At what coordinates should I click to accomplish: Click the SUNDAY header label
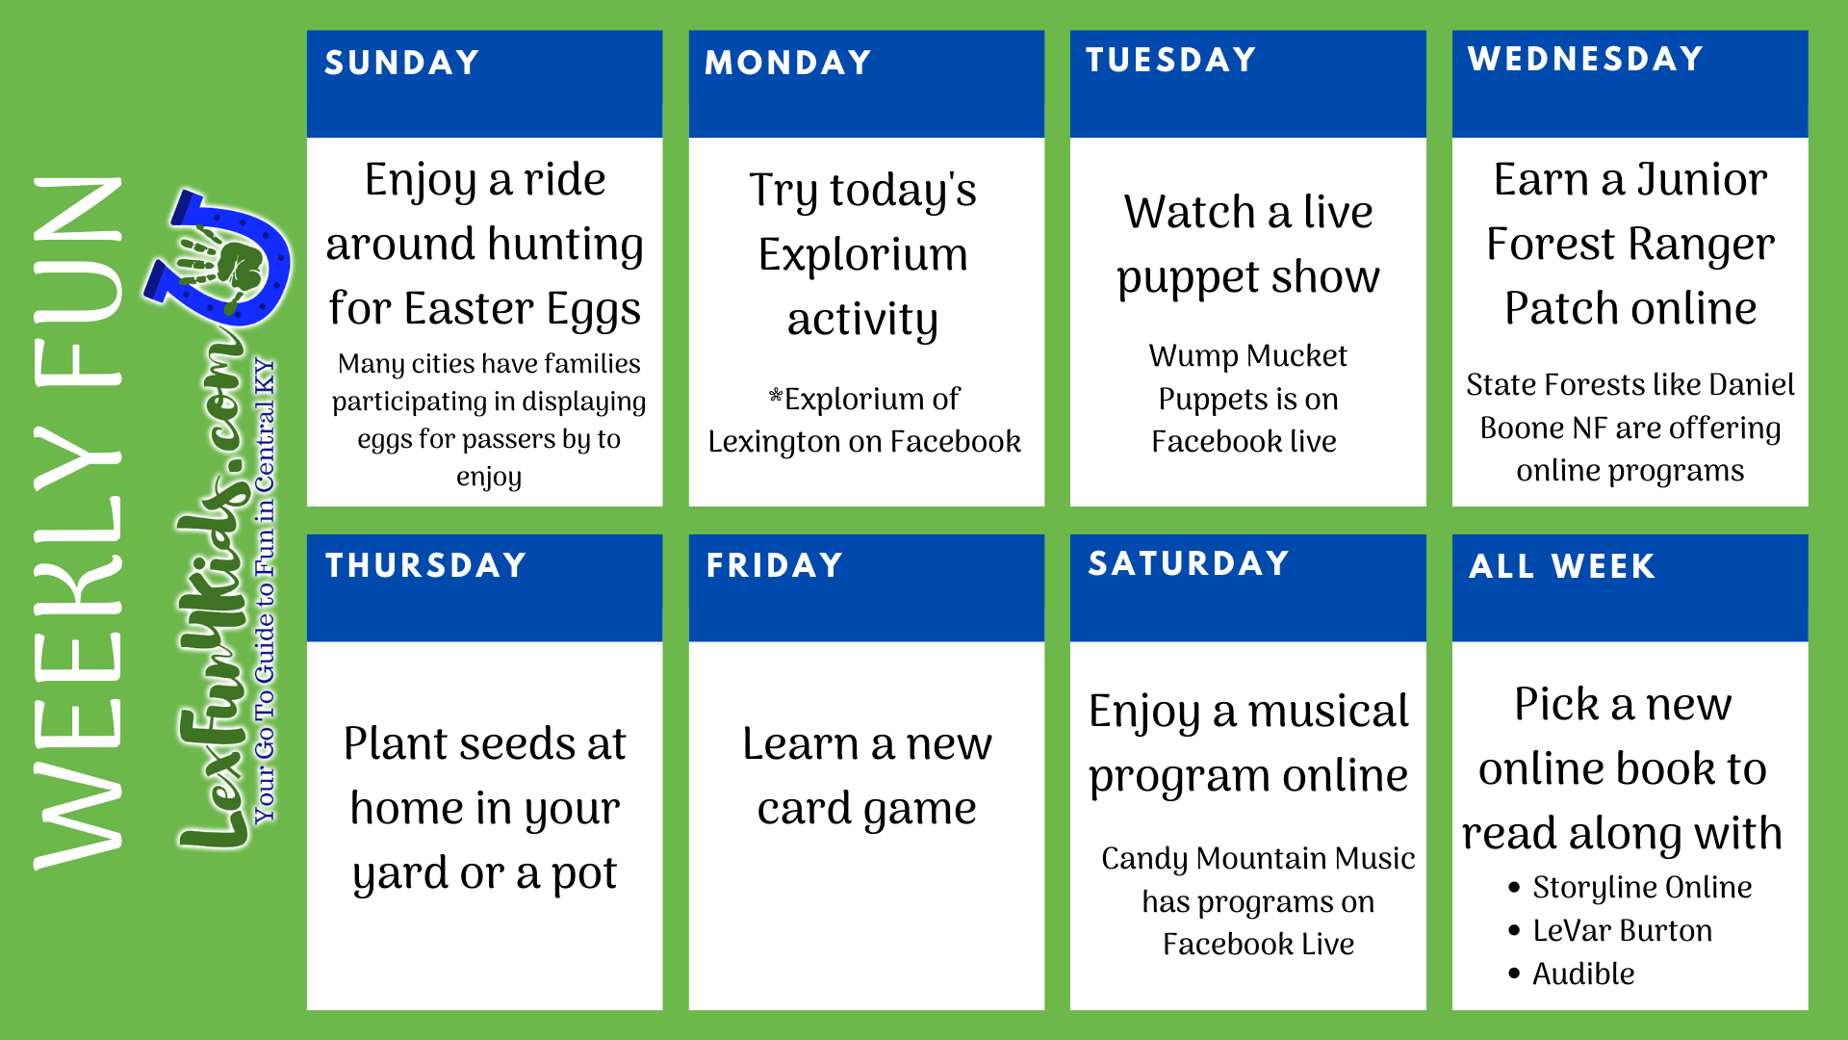tap(401, 63)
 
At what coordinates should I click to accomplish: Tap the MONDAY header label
tap(788, 63)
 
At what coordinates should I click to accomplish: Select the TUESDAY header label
tap(1170, 60)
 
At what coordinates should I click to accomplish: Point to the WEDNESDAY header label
tap(1585, 59)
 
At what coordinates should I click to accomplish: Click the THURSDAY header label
tap(425, 565)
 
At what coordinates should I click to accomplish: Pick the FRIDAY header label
tap(775, 565)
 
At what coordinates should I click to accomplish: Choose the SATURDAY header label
tap(1189, 563)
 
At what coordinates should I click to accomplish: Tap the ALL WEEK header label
tap(1561, 566)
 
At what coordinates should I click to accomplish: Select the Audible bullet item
tap(1582, 974)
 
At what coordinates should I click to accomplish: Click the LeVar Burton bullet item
tap(1622, 930)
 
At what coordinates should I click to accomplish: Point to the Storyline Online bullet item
tap(1642, 887)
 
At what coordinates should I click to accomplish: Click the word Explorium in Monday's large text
tap(862, 255)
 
